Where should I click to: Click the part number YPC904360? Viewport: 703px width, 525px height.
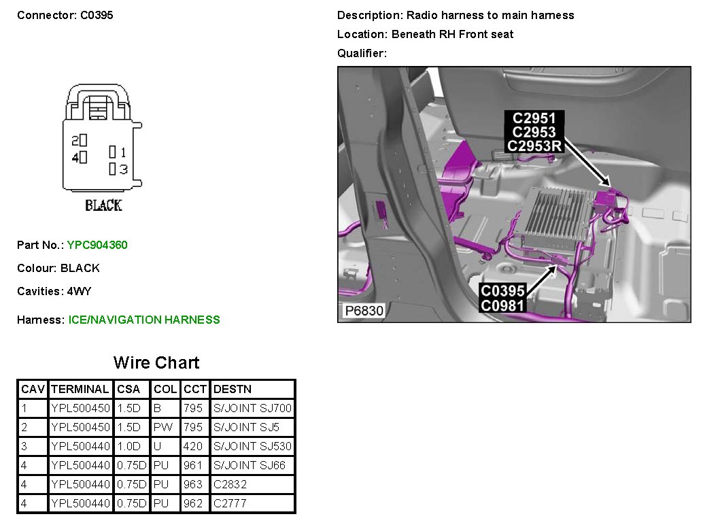click(97, 245)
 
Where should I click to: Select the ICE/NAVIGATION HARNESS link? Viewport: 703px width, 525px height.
click(144, 320)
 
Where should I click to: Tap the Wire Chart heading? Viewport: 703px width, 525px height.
click(156, 362)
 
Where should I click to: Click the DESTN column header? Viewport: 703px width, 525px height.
click(233, 389)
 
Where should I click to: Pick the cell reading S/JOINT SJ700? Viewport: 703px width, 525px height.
click(252, 408)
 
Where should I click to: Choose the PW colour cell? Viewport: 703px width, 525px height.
click(162, 427)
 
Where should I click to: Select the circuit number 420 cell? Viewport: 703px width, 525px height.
click(193, 446)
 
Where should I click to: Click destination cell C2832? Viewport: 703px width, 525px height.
click(230, 484)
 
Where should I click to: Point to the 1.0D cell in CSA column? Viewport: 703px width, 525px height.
click(128, 446)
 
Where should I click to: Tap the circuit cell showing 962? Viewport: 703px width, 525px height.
click(193, 503)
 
